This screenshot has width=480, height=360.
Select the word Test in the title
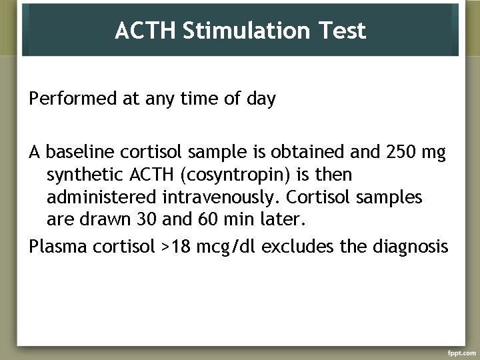click(343, 31)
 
